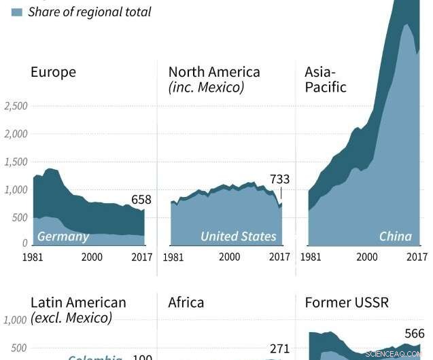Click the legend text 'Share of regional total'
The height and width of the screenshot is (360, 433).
pyautogui.click(x=89, y=12)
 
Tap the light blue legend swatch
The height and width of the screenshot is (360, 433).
pyautogui.click(x=17, y=12)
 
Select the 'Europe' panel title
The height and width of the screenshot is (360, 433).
pyautogui.click(x=53, y=72)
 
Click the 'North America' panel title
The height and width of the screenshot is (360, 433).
pyautogui.click(x=214, y=72)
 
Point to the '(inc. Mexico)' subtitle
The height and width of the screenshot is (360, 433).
pyautogui.click(x=206, y=88)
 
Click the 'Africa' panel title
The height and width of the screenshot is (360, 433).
pyautogui.click(x=186, y=302)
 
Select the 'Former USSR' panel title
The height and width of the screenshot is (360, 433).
pyautogui.click(x=347, y=302)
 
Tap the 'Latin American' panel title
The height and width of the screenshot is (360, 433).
pyautogui.click(x=78, y=302)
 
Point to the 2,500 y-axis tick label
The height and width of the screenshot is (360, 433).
pyautogui.click(x=16, y=106)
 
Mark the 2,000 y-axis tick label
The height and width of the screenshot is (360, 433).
pyautogui.click(x=16, y=134)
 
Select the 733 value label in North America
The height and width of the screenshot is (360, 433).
pyautogui.click(x=279, y=179)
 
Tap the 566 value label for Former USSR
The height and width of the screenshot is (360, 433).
pyautogui.click(x=413, y=334)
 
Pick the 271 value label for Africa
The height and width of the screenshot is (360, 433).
pyautogui.click(x=279, y=349)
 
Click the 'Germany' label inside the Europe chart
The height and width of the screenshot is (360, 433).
pyautogui.click(x=63, y=236)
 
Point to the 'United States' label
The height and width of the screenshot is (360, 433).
pyautogui.click(x=238, y=236)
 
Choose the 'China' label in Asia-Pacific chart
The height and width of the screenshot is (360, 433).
pyautogui.click(x=395, y=236)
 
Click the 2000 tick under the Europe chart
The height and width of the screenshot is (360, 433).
pyautogui.click(x=92, y=257)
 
